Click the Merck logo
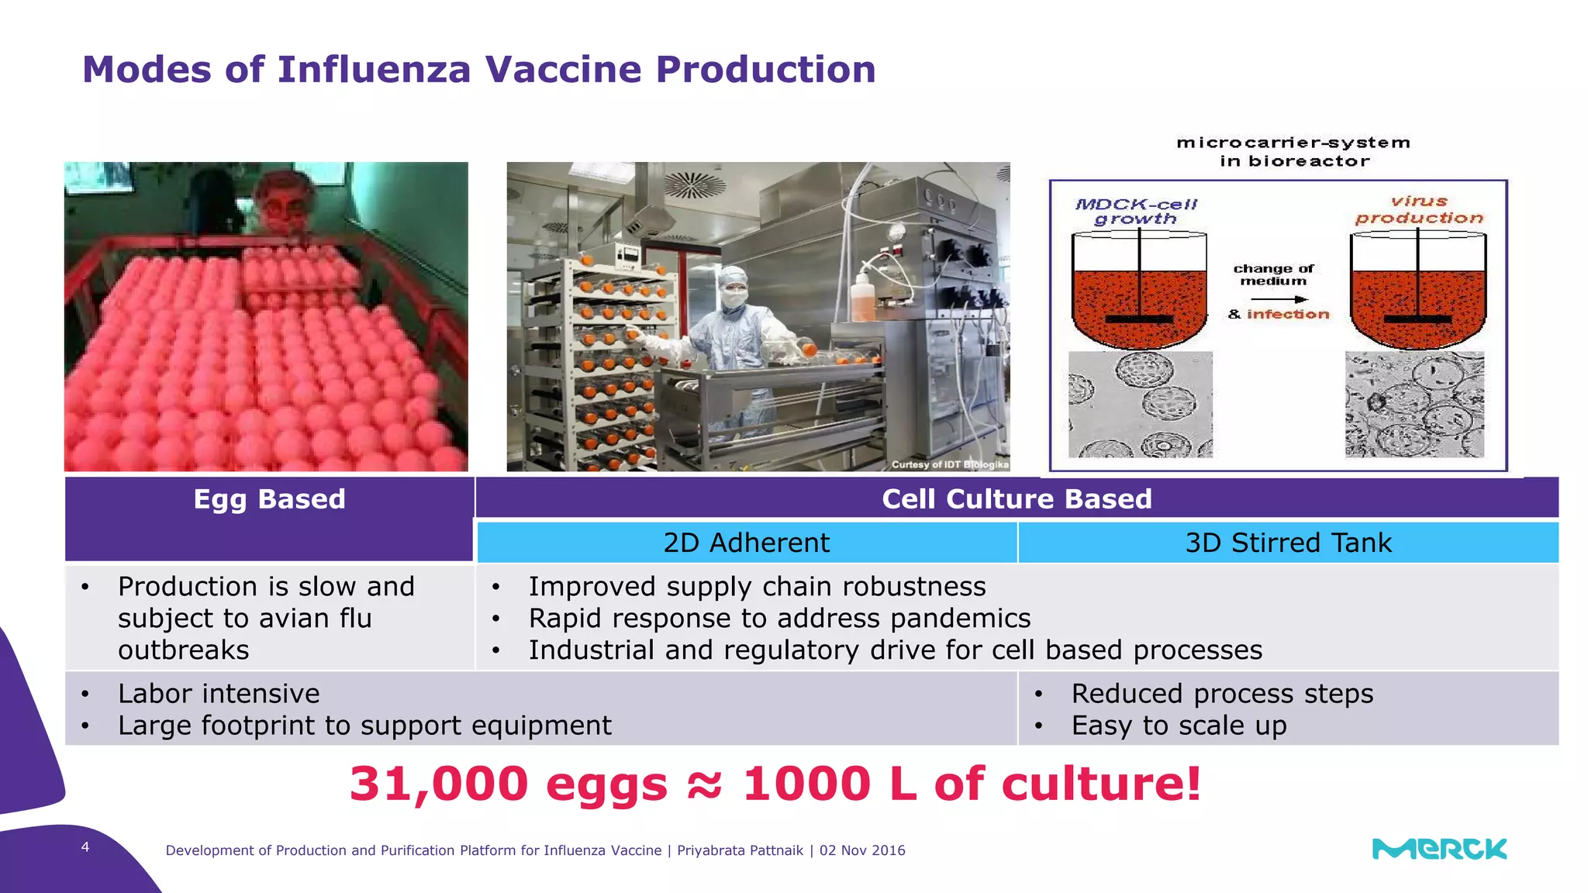tap(1439, 849)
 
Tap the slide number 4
tap(85, 847)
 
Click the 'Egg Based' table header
tap(269, 499)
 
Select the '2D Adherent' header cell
tap(746, 543)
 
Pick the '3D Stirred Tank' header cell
tap(1288, 543)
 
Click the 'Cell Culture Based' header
tap(1017, 499)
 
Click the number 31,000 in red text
tap(439, 784)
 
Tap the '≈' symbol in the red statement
tap(704, 784)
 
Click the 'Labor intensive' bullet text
tap(219, 694)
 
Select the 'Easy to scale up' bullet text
tap(1179, 726)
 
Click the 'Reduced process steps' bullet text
tap(1222, 694)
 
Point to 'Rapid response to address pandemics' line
tap(779, 619)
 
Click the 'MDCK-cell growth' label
tap(1136, 212)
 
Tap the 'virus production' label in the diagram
tap(1419, 210)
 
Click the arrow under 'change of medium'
tap(1279, 299)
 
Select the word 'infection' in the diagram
tap(1288, 314)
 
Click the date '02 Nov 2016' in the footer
tap(862, 850)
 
